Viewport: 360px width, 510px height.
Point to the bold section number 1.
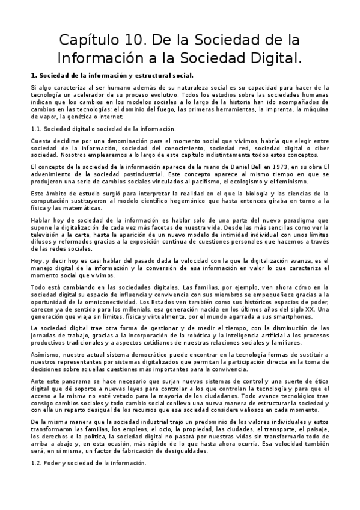click(x=33, y=76)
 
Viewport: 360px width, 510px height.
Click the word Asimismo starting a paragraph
click(x=44, y=355)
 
